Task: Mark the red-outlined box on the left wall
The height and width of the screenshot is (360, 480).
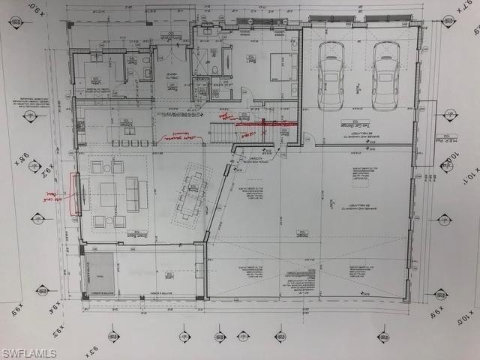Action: [75, 193]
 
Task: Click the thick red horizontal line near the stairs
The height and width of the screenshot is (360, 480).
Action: [266, 122]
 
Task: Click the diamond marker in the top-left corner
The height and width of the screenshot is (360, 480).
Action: [16, 22]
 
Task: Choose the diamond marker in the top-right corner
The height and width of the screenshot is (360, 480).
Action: [448, 21]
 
